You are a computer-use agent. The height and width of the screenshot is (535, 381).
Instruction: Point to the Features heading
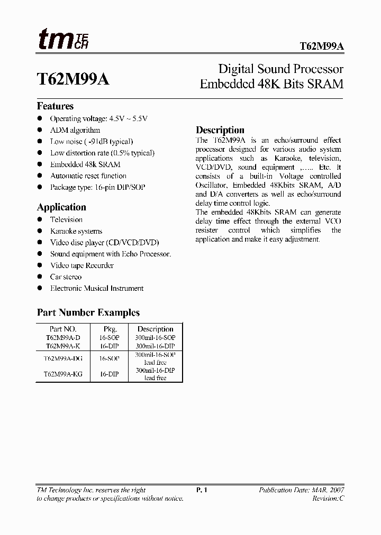click(55, 106)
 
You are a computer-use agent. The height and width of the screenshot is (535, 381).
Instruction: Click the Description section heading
click(220, 130)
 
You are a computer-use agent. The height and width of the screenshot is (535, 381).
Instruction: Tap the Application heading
click(61, 207)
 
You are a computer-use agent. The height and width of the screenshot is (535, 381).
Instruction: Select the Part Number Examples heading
click(88, 312)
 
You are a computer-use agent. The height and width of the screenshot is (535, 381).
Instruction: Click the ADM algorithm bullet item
click(75, 130)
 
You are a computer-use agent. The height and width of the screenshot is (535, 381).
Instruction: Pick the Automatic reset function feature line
click(88, 176)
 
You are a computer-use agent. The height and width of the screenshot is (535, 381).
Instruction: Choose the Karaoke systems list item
click(76, 231)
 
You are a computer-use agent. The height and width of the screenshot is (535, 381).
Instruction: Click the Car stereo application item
click(66, 276)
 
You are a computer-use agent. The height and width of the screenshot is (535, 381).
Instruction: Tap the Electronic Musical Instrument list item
click(97, 288)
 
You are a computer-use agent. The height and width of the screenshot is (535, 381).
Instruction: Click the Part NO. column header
click(63, 329)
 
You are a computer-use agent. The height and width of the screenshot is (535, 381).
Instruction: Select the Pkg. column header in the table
click(110, 329)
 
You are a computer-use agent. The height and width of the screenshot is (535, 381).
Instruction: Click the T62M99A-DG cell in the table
click(63, 358)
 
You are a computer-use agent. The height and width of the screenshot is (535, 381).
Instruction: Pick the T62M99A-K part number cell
click(63, 345)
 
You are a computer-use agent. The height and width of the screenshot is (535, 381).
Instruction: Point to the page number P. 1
click(202, 490)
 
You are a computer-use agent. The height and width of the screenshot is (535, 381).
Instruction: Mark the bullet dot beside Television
click(40, 219)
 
